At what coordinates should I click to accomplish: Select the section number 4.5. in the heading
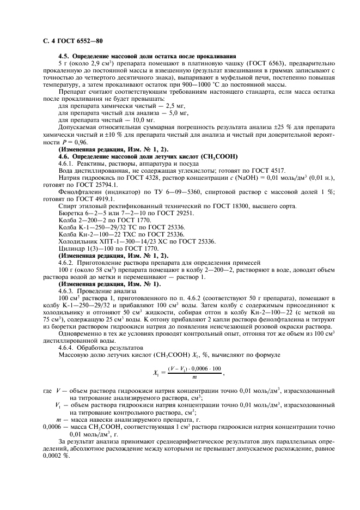(x=65, y=57)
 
